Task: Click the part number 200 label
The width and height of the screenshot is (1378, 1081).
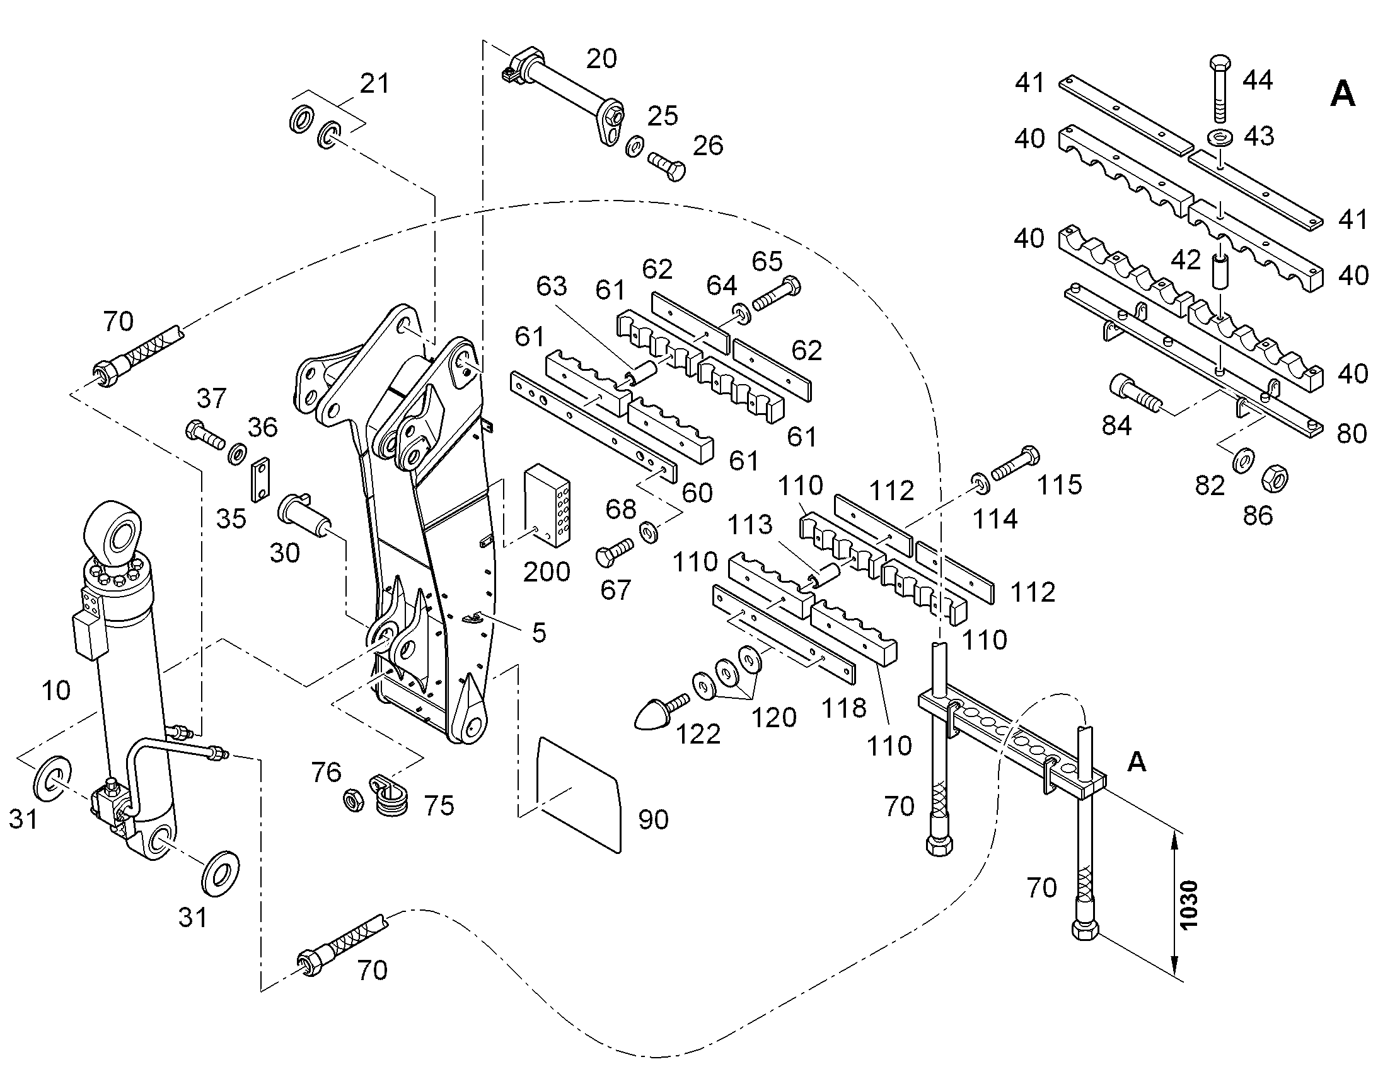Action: [547, 572]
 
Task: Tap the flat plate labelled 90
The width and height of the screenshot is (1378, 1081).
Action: [578, 794]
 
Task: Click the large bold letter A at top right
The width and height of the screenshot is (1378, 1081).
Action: [1343, 95]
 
